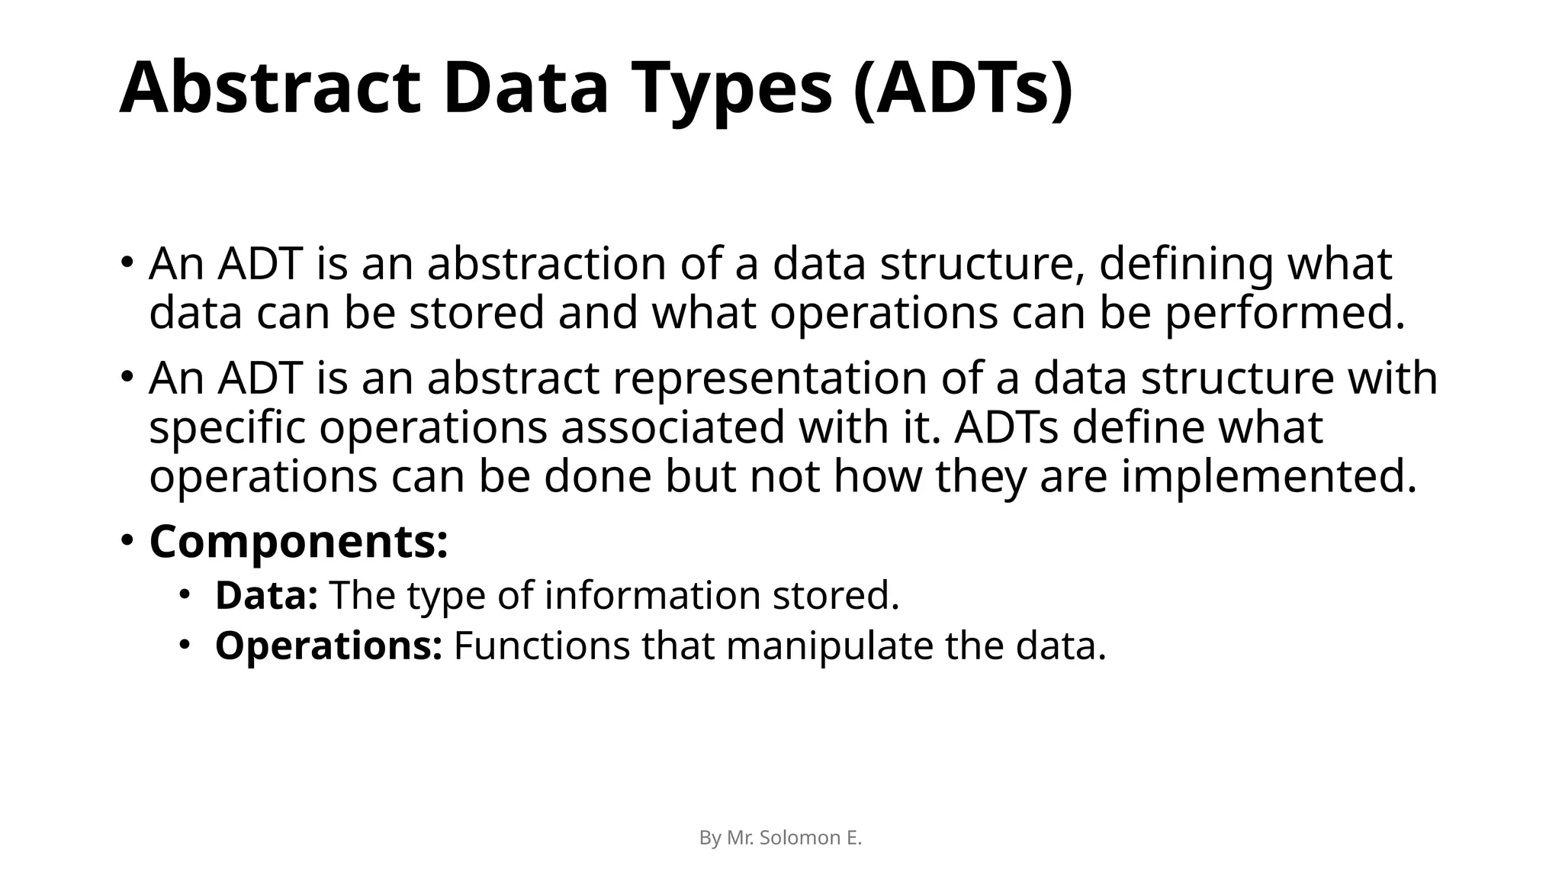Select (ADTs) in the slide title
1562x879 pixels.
pos(963,90)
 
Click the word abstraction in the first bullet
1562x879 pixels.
pos(546,263)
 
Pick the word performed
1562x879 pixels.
pos(1285,314)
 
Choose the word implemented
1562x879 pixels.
pos(1268,476)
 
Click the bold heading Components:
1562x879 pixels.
pos(298,541)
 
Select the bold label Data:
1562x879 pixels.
pos(266,595)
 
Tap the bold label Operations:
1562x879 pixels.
pos(328,646)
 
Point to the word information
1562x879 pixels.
pos(652,595)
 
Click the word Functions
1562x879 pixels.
pos(542,646)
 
